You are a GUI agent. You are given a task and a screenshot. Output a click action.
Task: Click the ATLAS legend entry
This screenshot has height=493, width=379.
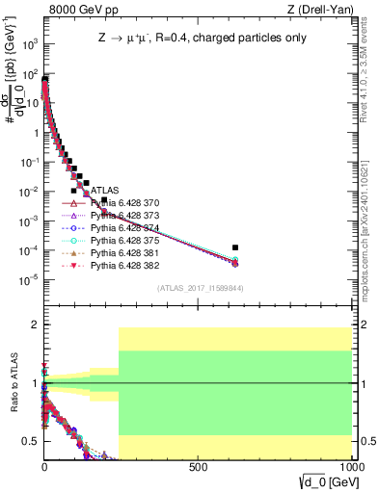[x=104, y=191]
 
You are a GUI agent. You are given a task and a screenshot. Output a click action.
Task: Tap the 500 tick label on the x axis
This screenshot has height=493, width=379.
[x=199, y=466]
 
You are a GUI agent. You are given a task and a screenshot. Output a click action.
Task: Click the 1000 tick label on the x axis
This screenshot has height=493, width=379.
[x=349, y=466]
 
